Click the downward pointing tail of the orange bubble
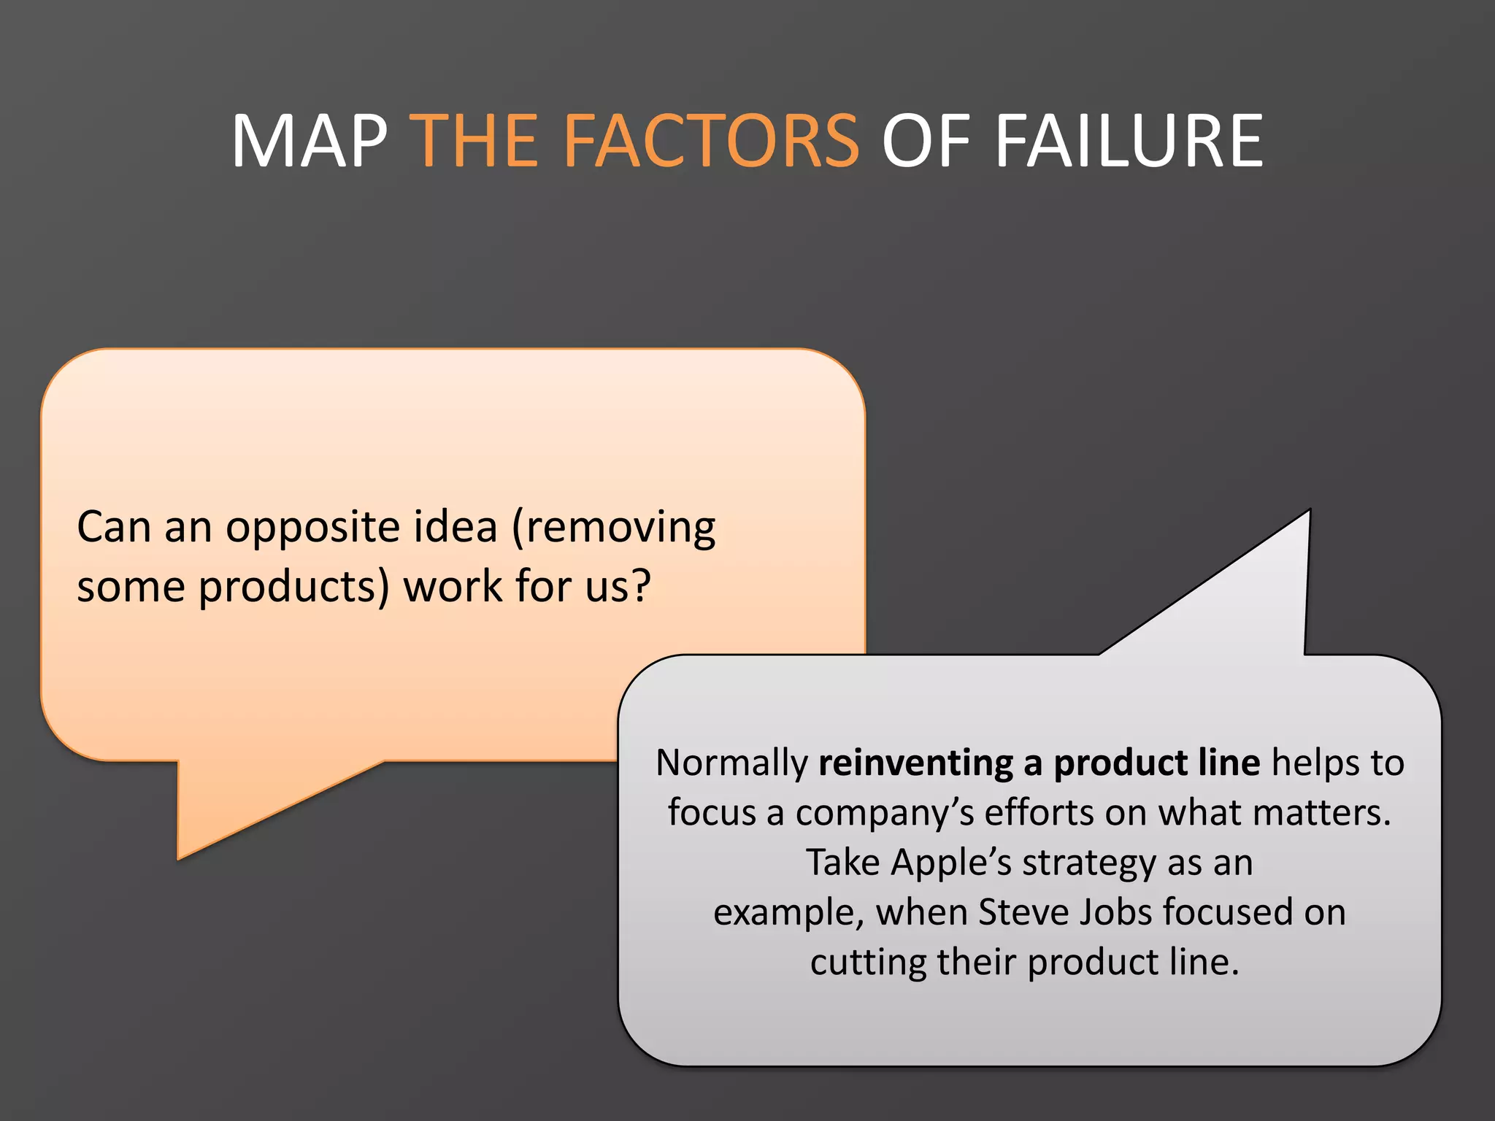point(219,810)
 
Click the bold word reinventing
point(915,763)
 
